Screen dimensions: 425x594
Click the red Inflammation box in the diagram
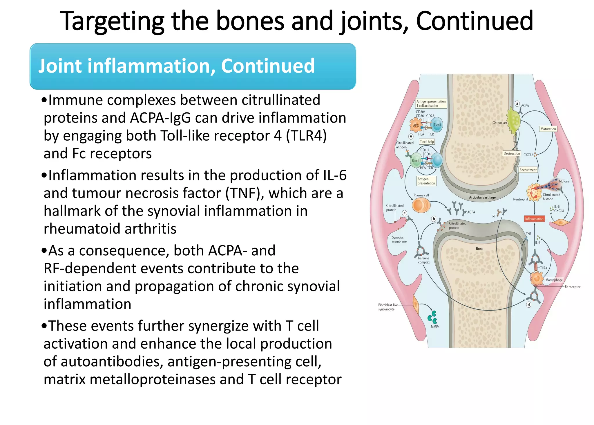[x=534, y=219]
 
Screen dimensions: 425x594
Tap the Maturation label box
[x=548, y=129]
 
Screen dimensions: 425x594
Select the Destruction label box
[x=512, y=153]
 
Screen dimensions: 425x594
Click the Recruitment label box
[x=528, y=170]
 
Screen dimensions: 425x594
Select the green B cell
[x=416, y=161]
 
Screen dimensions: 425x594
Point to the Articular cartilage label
[x=482, y=198]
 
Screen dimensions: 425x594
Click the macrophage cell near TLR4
[x=537, y=279]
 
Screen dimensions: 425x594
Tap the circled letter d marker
[x=529, y=305]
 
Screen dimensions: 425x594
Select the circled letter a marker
[x=517, y=104]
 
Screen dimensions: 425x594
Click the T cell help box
[x=427, y=142]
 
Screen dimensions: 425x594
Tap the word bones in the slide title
[x=250, y=21]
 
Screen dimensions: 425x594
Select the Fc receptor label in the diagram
[x=572, y=287]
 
